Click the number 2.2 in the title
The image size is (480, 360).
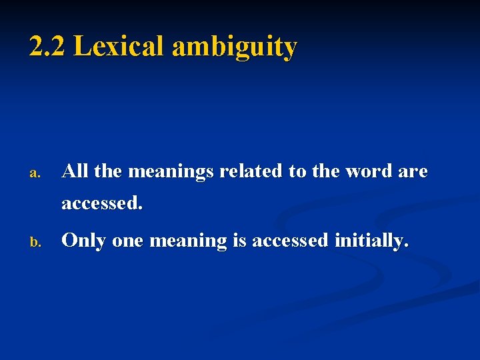47,47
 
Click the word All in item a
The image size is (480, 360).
75,171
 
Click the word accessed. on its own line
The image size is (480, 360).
102,203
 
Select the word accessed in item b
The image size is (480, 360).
291,241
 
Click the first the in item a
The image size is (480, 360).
109,171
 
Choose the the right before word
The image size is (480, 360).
326,171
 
